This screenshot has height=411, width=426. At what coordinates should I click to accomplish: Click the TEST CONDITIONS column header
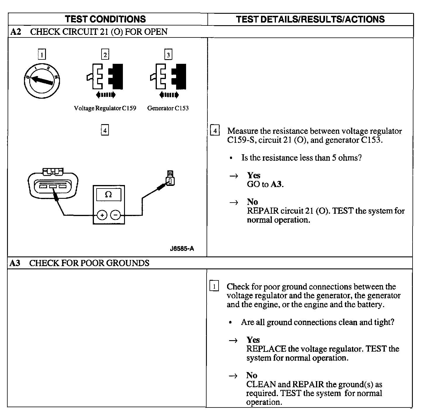point(105,19)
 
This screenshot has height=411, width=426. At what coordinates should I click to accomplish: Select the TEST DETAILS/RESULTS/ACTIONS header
point(310,19)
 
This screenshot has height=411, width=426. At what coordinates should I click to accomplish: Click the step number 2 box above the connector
point(105,54)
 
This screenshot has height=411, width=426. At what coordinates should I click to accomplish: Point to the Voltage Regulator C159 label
point(105,108)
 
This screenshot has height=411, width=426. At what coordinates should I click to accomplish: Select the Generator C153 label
point(168,108)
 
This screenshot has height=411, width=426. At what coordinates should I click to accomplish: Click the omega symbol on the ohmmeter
point(109,195)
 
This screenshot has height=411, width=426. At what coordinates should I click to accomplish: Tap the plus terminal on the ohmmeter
point(102,215)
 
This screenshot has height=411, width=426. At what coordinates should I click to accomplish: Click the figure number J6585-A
point(182,249)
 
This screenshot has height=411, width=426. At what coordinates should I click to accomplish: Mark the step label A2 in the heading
point(16,32)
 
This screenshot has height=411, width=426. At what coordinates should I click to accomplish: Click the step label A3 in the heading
point(15,263)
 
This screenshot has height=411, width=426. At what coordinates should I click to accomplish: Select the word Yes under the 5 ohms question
point(253,175)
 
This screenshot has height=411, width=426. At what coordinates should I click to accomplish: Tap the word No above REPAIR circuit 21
point(252,202)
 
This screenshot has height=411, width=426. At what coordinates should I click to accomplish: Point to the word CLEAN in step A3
point(261,384)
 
